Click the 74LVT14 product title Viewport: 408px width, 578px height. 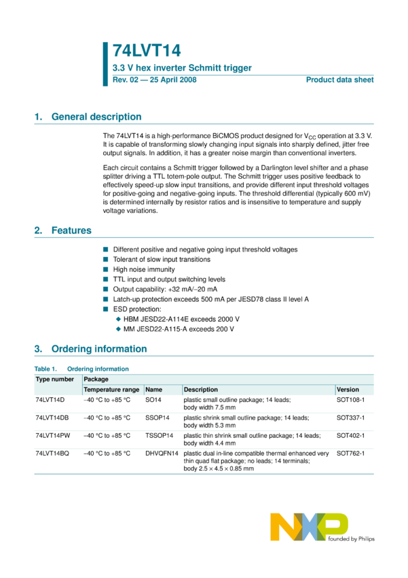(x=146, y=51)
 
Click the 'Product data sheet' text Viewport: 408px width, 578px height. (x=339, y=80)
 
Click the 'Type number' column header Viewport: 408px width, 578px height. (x=55, y=379)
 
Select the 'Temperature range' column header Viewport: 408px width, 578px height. (x=111, y=390)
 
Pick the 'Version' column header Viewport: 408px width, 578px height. (x=348, y=390)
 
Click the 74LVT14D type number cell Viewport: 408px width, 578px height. (x=50, y=401)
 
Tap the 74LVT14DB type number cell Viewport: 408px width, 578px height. (x=52, y=418)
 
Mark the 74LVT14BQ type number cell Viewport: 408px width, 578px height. (x=52, y=453)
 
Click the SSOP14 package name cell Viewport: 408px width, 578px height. (x=157, y=418)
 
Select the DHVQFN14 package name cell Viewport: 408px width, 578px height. (x=162, y=453)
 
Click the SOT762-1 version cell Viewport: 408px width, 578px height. (x=350, y=453)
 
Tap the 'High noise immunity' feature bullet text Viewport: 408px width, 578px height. (x=143, y=269)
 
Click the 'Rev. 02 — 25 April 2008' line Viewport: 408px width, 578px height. (x=154, y=80)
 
